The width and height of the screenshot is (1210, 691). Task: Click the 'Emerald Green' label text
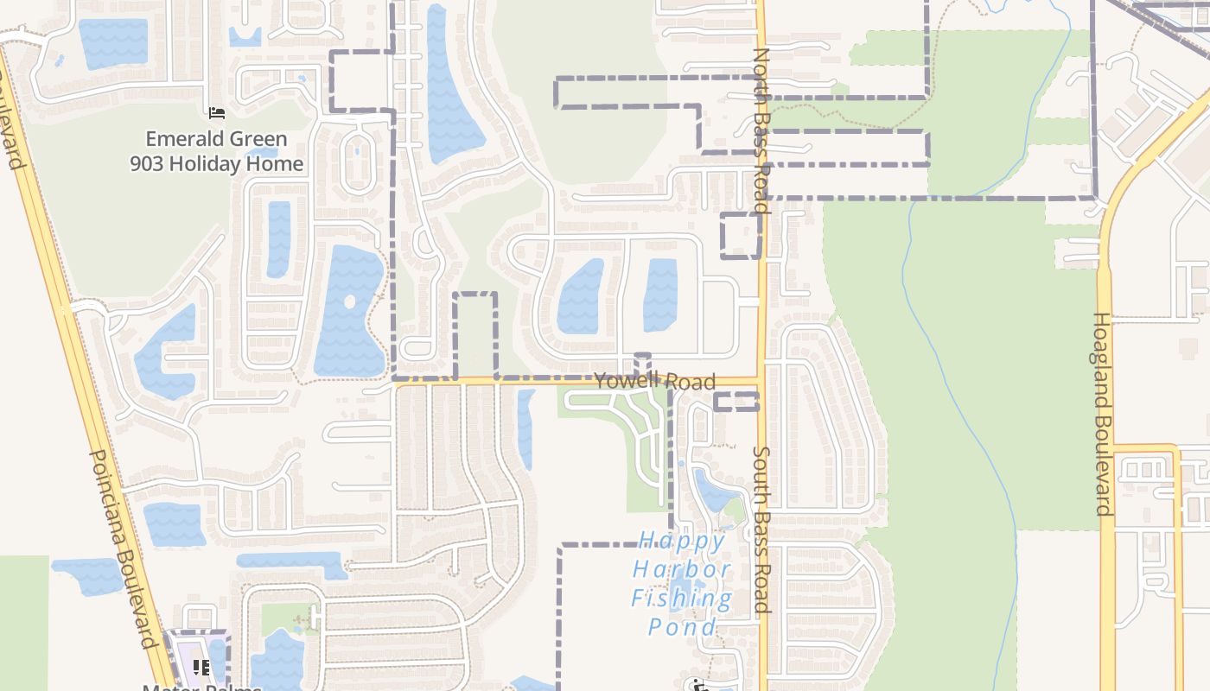[x=216, y=139]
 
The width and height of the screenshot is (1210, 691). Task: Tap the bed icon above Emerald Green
[x=216, y=113]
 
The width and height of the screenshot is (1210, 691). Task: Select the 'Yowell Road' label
[x=655, y=381]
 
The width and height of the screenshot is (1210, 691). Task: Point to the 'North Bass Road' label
[x=761, y=130]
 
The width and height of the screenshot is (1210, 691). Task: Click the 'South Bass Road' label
[x=761, y=529]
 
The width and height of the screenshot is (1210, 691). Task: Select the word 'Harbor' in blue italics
[x=683, y=570]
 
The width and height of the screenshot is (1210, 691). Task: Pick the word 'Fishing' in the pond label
[x=681, y=598]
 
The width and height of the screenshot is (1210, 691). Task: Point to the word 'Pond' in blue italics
[x=683, y=626]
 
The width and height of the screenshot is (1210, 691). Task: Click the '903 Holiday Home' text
[x=217, y=164]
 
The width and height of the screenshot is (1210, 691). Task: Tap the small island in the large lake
[x=349, y=302]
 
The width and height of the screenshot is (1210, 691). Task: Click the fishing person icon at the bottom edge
[x=699, y=685]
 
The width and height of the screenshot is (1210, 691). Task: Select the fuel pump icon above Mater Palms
[x=201, y=667]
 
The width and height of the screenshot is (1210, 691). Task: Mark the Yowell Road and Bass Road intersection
[x=761, y=381]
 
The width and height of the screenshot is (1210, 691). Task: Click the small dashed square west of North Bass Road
[x=741, y=235]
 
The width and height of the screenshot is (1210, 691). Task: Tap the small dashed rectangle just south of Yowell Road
[x=736, y=401]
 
